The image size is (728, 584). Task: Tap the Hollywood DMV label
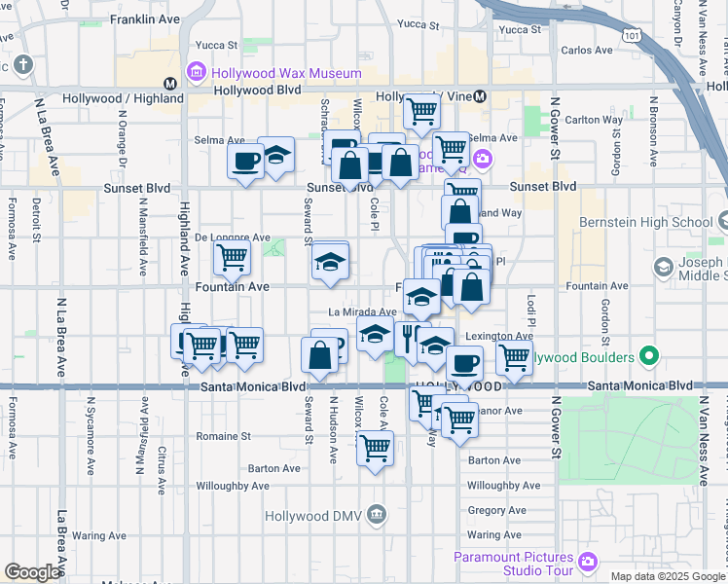pyautogui.click(x=320, y=514)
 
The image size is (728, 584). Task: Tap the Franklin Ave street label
pyautogui.click(x=144, y=18)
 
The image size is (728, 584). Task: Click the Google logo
pyautogui.click(x=31, y=572)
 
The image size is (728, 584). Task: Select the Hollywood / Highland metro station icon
pyautogui.click(x=169, y=84)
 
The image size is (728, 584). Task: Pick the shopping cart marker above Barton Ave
pyautogui.click(x=375, y=449)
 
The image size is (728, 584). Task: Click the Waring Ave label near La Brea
pyautogui.click(x=97, y=535)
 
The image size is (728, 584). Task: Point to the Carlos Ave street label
pyautogui.click(x=587, y=50)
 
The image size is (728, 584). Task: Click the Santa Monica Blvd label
pyautogui.click(x=254, y=386)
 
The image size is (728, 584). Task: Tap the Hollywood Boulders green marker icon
pyautogui.click(x=648, y=357)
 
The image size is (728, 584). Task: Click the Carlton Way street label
pyautogui.click(x=594, y=120)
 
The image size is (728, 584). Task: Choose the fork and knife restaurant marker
pyautogui.click(x=409, y=338)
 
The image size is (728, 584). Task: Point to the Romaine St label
pyautogui.click(x=224, y=435)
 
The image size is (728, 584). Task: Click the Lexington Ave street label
pyautogui.click(x=498, y=336)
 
